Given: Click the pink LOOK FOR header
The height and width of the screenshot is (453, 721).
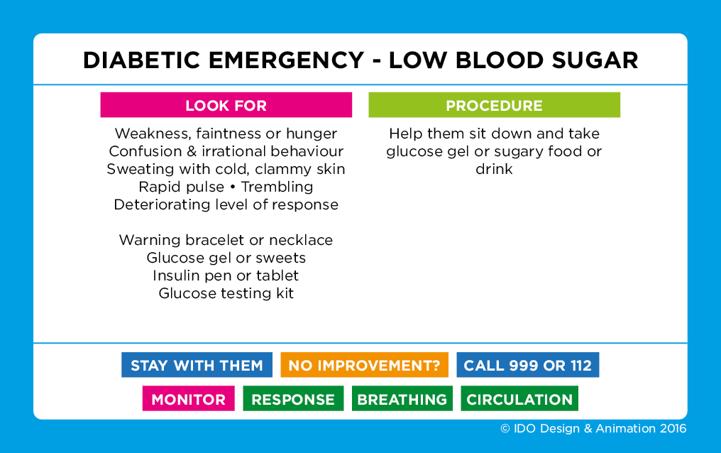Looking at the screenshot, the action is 226,106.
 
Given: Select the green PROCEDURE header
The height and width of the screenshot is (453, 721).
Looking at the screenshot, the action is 494,106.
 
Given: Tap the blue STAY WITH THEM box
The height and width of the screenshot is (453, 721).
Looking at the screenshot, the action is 197,366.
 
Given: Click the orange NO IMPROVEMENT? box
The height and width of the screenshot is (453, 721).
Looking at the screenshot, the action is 364,366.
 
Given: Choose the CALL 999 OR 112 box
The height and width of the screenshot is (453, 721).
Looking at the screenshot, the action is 527,366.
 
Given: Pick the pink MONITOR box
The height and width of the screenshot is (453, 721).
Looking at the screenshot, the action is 188,399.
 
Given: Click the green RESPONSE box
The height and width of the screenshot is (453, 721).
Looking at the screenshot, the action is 293,399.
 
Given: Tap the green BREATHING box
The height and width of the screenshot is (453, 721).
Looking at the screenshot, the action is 402,399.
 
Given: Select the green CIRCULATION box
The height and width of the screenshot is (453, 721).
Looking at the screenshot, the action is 519,399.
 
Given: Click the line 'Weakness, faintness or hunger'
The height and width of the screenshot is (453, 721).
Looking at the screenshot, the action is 226,133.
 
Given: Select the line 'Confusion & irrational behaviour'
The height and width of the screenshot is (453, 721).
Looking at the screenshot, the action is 226,151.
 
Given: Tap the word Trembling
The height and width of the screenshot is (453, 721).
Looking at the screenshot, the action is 277,187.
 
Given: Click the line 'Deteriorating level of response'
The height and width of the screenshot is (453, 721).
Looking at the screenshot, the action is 226,204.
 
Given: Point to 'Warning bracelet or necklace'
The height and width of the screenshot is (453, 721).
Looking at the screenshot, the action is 226,240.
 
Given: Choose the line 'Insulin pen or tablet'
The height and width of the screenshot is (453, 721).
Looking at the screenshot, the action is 226,275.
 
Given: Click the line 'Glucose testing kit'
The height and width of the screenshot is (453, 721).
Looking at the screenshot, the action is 226,293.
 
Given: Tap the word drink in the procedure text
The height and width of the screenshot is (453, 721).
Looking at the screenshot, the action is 494,170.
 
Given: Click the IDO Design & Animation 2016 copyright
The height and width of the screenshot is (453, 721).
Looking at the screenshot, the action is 593,428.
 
